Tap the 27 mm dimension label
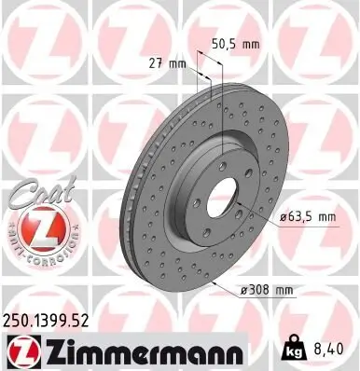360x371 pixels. [170, 63]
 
